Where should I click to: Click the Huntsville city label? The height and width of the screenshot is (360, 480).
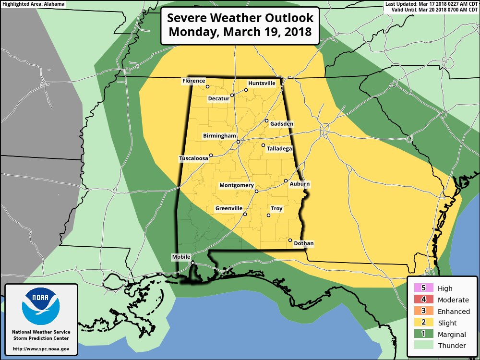[x=262, y=83]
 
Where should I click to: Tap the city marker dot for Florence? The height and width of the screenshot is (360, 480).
[x=208, y=87]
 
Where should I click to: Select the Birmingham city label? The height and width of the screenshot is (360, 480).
[x=219, y=136]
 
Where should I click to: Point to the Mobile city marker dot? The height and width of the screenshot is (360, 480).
[x=192, y=263]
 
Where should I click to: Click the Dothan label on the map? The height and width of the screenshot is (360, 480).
[x=303, y=243]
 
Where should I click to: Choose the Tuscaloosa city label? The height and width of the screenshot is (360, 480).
[x=193, y=158]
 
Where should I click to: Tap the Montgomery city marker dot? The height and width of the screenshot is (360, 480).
[x=256, y=191]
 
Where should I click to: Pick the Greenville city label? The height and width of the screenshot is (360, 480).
[x=228, y=208]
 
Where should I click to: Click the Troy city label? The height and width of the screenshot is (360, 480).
[x=276, y=209]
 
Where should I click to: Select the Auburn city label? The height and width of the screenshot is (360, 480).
[x=300, y=184]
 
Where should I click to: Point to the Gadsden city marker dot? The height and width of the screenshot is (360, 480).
[x=267, y=120]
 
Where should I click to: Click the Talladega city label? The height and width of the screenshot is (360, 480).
[x=279, y=149]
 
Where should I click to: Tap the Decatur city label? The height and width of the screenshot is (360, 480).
[x=218, y=99]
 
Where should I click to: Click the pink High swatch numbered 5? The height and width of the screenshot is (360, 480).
[x=423, y=288]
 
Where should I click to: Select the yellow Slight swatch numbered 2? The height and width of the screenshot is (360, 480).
[x=423, y=323]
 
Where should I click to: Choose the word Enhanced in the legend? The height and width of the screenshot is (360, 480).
[x=454, y=312]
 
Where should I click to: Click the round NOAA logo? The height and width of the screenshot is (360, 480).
[x=41, y=306]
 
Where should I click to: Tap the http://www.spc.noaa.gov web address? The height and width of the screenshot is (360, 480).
[x=41, y=349]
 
